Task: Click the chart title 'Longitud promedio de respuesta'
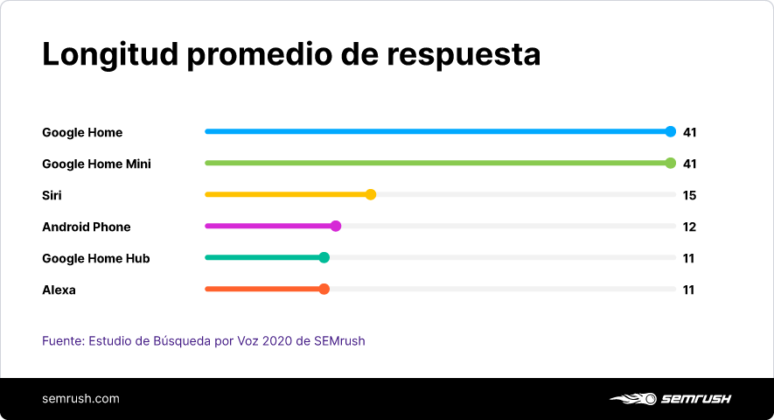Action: (291, 54)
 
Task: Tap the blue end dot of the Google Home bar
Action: (671, 132)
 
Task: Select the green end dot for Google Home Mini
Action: (671, 163)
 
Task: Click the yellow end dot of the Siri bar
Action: (371, 194)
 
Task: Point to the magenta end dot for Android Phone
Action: (336, 226)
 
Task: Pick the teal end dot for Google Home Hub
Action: (324, 257)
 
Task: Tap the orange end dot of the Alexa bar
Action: (324, 289)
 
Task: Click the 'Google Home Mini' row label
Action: (96, 164)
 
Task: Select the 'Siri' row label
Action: (52, 195)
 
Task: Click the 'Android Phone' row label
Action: (87, 227)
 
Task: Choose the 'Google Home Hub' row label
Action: (96, 258)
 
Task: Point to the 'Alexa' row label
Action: (59, 290)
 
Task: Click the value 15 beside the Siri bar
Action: (689, 195)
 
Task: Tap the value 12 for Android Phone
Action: (689, 227)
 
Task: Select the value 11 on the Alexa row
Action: (688, 290)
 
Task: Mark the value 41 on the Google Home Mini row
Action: (689, 164)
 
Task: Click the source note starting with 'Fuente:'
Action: (204, 340)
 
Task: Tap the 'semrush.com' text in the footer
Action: (80, 399)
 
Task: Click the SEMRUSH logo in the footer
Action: (670, 399)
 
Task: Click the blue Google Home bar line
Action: (437, 132)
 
